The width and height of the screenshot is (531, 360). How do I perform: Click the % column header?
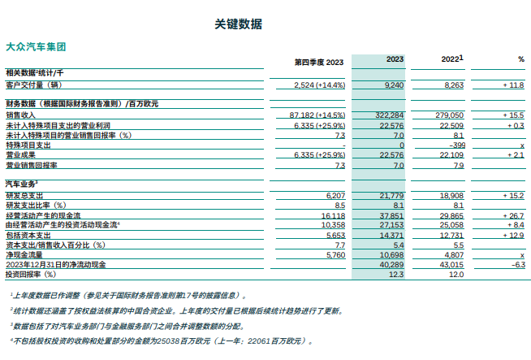click(520, 60)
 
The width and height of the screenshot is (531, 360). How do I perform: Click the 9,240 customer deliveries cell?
click(393, 85)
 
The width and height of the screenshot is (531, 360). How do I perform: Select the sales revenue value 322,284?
click(387, 116)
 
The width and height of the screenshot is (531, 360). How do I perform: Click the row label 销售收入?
click(19, 116)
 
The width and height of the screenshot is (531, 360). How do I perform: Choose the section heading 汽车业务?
click(22, 185)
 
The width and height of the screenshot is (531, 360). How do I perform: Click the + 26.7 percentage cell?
click(514, 215)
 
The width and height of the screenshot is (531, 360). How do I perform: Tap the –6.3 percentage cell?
click(516, 264)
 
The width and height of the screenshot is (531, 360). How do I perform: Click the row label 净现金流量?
click(24, 254)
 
